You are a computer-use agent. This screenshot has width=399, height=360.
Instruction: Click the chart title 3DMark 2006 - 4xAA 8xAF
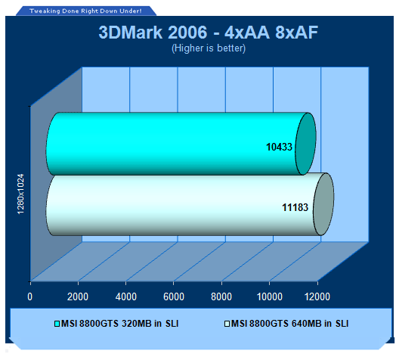pos(208,33)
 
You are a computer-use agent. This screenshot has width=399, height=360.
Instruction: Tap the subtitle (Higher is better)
pos(209,48)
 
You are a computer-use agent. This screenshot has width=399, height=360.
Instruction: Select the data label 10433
pos(279,147)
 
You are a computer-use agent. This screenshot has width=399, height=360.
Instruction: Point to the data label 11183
pos(295,207)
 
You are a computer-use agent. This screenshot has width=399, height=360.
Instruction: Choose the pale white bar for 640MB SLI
pos(183,204)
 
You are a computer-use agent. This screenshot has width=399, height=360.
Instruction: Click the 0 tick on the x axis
pos(30,296)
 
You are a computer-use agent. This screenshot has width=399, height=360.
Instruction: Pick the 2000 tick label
pos(78,296)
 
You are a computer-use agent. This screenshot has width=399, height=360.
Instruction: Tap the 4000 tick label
pos(126,296)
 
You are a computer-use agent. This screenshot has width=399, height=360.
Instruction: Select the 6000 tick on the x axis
pos(174,296)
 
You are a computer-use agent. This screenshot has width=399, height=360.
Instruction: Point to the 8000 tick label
pos(221,296)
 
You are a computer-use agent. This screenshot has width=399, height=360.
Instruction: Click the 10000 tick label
pos(270,296)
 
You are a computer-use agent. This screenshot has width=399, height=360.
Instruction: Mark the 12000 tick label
pos(317,296)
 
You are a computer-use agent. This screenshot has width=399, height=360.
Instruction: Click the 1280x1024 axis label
pos(20,194)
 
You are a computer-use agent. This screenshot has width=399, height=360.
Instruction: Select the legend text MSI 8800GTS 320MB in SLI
pos(120,324)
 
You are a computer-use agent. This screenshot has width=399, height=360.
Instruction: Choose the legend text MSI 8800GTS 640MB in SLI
pos(290,324)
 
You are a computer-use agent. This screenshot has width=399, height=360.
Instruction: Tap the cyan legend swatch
pos(57,324)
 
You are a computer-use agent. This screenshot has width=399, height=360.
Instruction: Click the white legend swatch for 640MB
pos(227,324)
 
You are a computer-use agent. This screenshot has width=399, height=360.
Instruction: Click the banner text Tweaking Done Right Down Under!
pos(85,11)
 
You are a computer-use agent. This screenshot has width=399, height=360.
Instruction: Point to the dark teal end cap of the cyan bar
pos(305,144)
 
